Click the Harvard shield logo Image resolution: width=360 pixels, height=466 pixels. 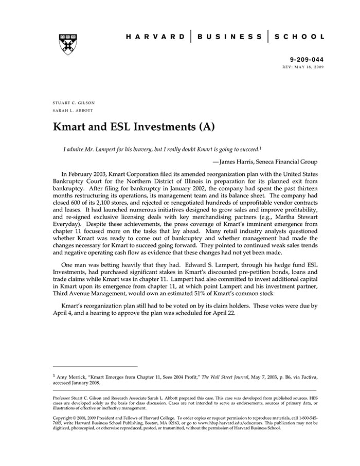pos(68,44)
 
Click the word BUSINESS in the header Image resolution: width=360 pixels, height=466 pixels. pos(229,37)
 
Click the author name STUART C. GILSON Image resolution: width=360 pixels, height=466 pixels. pos(74,103)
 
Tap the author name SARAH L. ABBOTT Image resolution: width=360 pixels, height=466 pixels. pos(73,111)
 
